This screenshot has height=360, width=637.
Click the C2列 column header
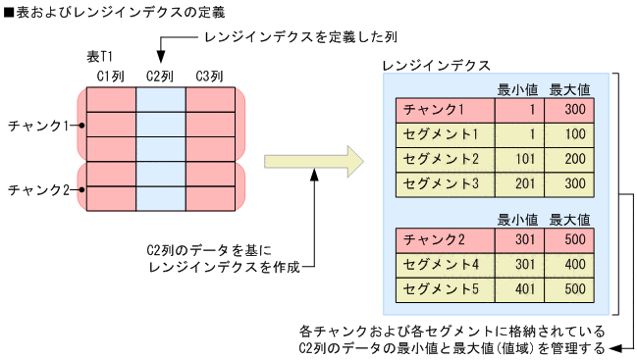160,76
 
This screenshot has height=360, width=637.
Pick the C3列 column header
209,76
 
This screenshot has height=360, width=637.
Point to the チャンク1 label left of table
37,126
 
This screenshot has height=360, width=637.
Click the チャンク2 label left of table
37,188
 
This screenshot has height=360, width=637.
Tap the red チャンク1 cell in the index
445,110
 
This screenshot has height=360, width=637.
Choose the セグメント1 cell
445,134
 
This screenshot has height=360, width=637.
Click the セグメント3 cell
445,183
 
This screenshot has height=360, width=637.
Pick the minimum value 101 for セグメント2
520,159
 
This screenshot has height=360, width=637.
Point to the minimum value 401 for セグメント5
520,289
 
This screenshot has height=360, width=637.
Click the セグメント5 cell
445,289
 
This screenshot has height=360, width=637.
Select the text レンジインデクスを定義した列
286,36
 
